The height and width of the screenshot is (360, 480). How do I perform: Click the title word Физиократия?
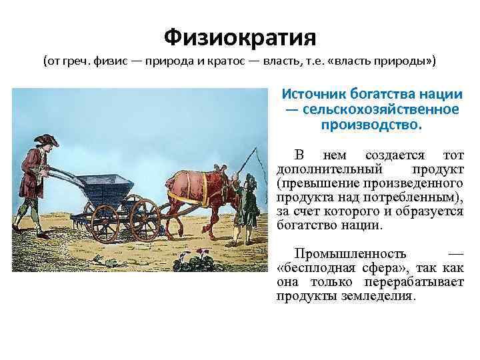click(240, 35)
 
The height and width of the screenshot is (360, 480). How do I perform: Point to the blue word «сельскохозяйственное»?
click(381, 109)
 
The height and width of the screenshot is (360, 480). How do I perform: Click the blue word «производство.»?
click(371, 124)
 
